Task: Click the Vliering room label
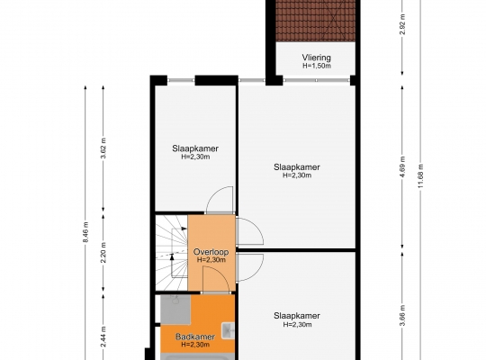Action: click(317, 58)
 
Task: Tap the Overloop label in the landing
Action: click(211, 252)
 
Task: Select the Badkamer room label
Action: click(195, 337)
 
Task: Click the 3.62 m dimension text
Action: click(103, 148)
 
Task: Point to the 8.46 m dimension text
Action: click(85, 232)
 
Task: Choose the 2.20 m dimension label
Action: click(103, 252)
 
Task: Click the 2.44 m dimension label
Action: click(103, 337)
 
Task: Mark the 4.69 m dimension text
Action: click(402, 166)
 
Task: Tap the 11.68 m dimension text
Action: click(420, 175)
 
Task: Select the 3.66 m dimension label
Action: click(402, 316)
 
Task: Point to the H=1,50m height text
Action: click(317, 66)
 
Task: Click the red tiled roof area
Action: click(316, 21)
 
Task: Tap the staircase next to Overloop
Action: click(171, 252)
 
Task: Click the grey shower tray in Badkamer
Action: click(175, 309)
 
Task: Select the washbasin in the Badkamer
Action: click(228, 330)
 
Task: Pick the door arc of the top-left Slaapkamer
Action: click(214, 194)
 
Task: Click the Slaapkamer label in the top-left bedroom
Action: click(195, 148)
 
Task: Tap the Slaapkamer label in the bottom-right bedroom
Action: click(297, 316)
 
